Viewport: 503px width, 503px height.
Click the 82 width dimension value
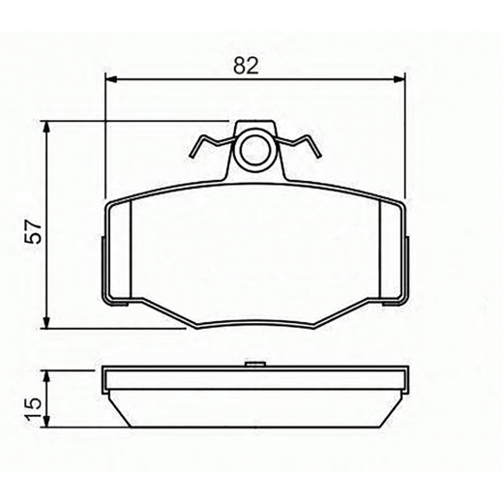247,66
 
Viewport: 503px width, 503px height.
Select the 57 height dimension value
32,234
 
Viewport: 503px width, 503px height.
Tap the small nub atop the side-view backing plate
255,365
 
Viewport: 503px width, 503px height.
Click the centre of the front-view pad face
255,253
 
